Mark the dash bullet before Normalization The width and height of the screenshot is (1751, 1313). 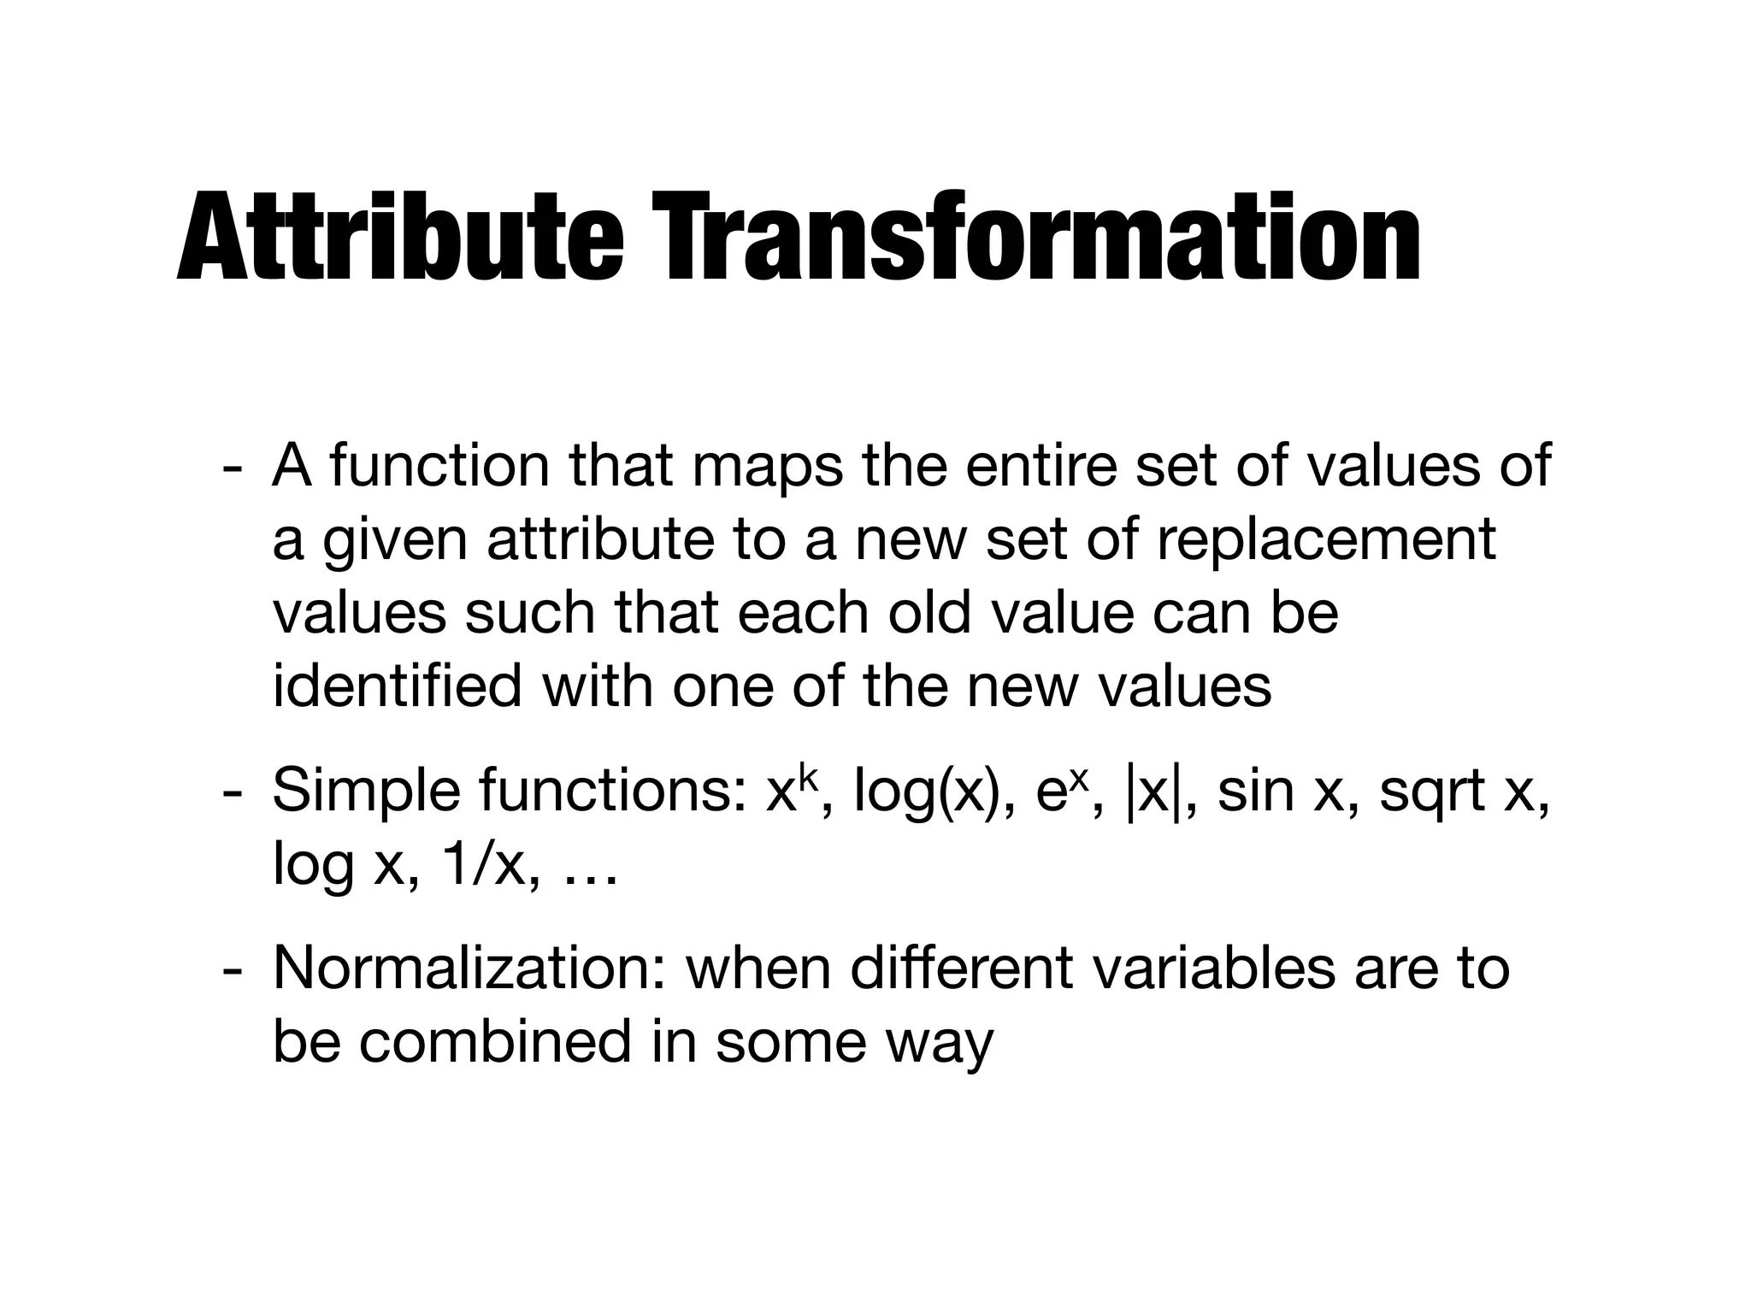point(229,970)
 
